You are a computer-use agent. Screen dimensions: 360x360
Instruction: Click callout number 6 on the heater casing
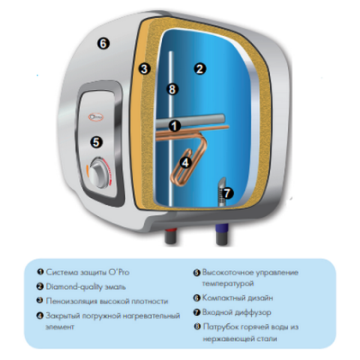coord(103,44)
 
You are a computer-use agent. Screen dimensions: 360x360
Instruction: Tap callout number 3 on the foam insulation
coord(144,69)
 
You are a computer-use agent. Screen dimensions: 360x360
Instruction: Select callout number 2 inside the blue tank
coord(200,69)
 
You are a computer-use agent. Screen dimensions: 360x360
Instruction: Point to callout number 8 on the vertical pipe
coord(172,89)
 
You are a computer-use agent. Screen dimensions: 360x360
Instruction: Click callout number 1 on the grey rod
coord(175,126)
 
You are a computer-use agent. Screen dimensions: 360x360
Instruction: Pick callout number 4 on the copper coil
coord(185,163)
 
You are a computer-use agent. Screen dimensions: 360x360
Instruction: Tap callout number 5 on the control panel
coord(96,142)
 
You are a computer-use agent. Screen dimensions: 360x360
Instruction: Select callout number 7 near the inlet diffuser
coord(227,193)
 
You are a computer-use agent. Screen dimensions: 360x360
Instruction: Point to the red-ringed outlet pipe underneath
coord(171,237)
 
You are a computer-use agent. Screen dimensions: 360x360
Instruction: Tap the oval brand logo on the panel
coord(95,117)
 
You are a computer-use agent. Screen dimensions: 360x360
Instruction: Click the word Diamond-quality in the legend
coord(74,287)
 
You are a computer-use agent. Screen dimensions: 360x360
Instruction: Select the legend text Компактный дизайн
coord(238,298)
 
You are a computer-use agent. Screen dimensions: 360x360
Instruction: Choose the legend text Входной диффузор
coord(237,312)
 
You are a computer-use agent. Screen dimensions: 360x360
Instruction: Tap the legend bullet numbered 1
coord(40,272)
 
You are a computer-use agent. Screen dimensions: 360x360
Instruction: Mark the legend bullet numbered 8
coord(197,327)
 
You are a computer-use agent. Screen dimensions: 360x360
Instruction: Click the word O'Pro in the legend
coord(119,272)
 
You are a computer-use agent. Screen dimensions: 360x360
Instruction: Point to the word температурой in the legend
coord(228,283)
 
